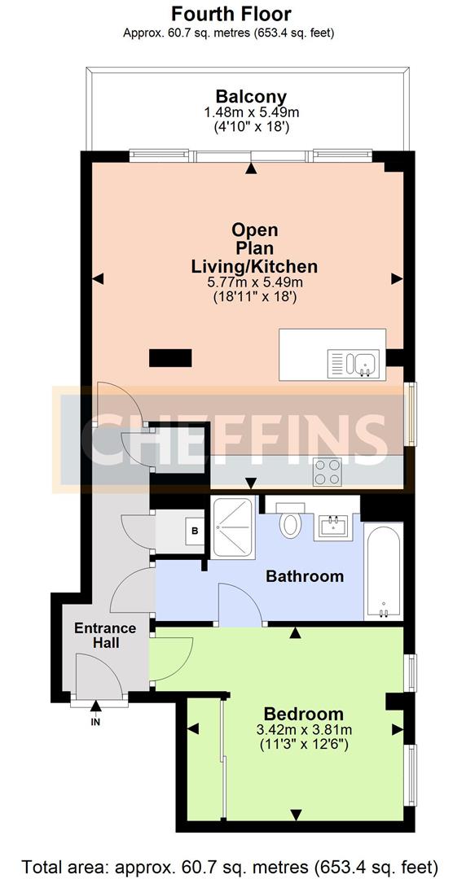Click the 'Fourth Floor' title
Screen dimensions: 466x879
coord(231,14)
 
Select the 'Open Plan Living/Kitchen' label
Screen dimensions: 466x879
coord(255,247)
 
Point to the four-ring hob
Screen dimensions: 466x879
coord(328,471)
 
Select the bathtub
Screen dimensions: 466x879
coord(383,571)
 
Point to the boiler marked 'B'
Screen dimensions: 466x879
coord(195,530)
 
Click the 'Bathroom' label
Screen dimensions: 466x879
coord(305,575)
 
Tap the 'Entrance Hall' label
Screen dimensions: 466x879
coord(105,635)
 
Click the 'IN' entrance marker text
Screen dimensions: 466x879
coord(95,723)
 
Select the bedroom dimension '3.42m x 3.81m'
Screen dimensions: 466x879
coord(304,730)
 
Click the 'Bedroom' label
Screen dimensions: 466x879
coord(304,714)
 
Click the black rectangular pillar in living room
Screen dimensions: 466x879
coord(170,357)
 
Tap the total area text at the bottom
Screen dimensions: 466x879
coord(230,864)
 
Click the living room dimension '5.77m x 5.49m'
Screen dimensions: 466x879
coord(255,283)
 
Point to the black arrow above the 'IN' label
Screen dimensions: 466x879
coord(95,706)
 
